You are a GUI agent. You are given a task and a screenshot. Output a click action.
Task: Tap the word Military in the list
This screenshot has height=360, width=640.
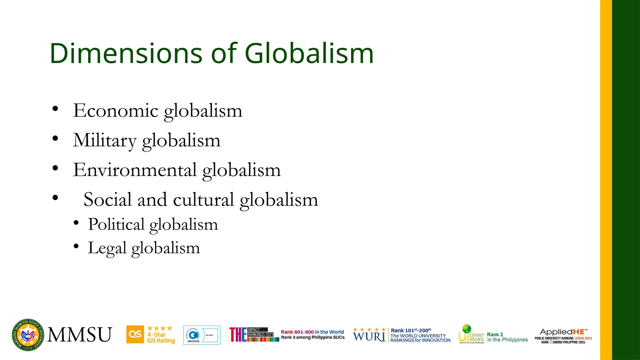pyautogui.click(x=105, y=140)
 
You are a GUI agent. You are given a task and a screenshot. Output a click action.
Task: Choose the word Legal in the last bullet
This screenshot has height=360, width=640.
pyautogui.click(x=107, y=248)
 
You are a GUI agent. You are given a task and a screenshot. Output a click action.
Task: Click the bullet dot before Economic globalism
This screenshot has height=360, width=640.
pyautogui.click(x=55, y=109)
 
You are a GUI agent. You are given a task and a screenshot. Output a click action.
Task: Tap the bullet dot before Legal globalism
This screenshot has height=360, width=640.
pyautogui.click(x=76, y=246)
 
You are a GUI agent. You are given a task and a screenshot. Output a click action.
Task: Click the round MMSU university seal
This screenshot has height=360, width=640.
pyautogui.click(x=28, y=335)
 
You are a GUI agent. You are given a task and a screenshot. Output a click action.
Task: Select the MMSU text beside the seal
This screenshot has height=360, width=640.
pyautogui.click(x=80, y=335)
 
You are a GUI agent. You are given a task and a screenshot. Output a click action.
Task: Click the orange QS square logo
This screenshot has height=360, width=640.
pyautogui.click(x=135, y=334)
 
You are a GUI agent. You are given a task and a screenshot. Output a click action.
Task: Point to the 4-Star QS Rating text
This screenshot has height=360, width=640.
pyautogui.click(x=161, y=337)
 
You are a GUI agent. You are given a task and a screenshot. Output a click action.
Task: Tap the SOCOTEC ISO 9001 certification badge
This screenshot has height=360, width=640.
pyautogui.click(x=202, y=335)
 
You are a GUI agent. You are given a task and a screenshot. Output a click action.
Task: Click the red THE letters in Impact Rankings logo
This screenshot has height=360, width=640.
pyautogui.click(x=238, y=335)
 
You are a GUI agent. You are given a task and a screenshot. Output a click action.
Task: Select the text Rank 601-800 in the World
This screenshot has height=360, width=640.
pyautogui.click(x=312, y=332)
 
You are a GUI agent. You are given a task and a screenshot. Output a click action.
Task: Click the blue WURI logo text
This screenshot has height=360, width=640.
pyautogui.click(x=369, y=337)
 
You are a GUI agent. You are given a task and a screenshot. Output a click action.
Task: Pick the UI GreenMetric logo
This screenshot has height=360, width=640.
pyautogui.click(x=471, y=334)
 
